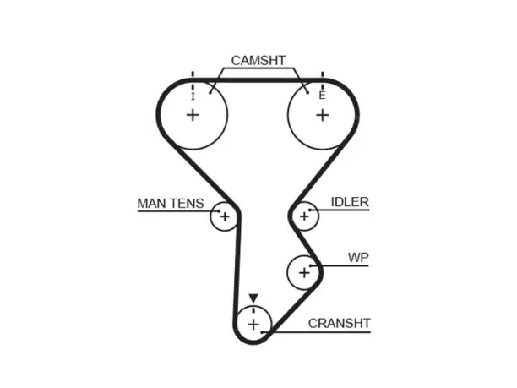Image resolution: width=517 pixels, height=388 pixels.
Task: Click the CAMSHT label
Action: (x=258, y=60)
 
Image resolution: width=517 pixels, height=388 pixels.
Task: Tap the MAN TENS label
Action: (x=171, y=203)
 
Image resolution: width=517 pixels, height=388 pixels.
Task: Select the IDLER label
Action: (x=350, y=202)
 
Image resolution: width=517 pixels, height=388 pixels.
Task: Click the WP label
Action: (x=358, y=257)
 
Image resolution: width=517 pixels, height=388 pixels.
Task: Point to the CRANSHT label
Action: (x=340, y=323)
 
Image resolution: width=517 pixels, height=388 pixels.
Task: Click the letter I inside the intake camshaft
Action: (x=193, y=96)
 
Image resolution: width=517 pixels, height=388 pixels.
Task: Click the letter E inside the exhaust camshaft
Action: (x=322, y=96)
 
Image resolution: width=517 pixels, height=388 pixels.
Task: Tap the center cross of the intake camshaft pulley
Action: (x=193, y=115)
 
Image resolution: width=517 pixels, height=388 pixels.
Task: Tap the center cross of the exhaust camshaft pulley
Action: (x=323, y=115)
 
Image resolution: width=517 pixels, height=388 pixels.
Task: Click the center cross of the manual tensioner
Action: (x=225, y=216)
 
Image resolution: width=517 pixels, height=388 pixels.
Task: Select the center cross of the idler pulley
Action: (x=304, y=216)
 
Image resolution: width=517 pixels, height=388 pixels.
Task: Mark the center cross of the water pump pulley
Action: (x=304, y=272)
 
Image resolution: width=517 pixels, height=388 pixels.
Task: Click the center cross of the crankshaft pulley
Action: (x=253, y=325)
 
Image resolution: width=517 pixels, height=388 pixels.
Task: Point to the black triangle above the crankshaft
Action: (x=253, y=298)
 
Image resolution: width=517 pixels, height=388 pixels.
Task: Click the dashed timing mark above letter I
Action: (x=193, y=80)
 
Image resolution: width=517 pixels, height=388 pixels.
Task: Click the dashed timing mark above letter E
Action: (x=323, y=80)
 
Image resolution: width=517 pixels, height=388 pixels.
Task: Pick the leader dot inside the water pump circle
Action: (x=311, y=265)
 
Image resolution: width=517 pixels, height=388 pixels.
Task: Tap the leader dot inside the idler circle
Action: (x=310, y=210)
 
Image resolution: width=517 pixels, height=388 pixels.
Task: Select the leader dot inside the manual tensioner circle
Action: (x=219, y=210)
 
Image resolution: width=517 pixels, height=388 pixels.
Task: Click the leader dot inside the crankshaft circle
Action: (x=262, y=332)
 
